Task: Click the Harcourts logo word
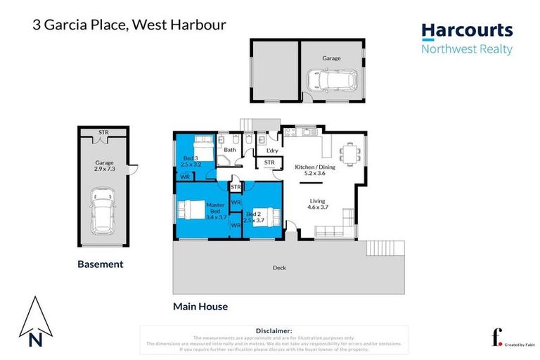tap(467, 31)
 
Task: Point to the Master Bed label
tap(215, 210)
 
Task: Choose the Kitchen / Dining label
tap(315, 166)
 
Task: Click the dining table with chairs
tap(349, 153)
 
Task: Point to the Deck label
tap(279, 268)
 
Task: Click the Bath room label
tap(229, 150)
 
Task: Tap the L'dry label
tap(271, 150)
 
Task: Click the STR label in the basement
tap(103, 132)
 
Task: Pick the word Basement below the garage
tap(100, 264)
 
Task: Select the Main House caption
tap(200, 307)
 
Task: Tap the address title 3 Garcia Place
tap(129, 25)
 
